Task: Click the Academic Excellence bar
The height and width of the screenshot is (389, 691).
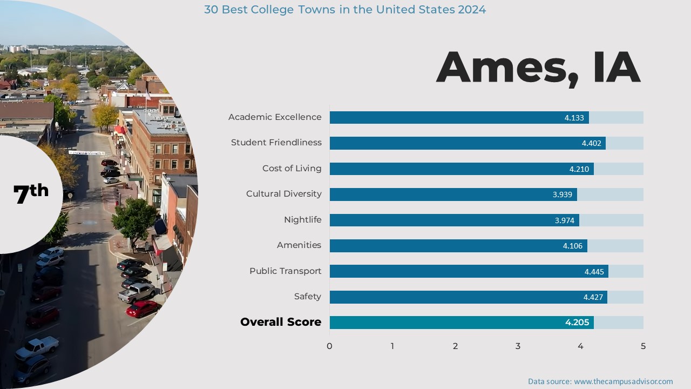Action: point(459,117)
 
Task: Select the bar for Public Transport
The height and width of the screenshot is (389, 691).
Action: point(469,271)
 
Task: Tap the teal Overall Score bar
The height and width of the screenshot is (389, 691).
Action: point(462,323)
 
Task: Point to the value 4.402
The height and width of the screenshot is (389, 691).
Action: point(591,143)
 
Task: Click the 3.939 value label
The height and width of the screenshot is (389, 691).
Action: point(562,194)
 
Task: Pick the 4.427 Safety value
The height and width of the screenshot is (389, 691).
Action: point(593,297)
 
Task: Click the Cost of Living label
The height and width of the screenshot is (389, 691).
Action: point(292,169)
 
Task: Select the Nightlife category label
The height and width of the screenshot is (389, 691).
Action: point(302,220)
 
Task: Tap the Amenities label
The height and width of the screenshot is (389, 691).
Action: point(299,245)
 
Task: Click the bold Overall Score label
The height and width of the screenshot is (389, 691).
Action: point(281,322)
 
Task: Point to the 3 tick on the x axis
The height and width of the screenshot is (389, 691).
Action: point(518,346)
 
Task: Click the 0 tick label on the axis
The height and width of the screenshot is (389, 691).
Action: point(329,346)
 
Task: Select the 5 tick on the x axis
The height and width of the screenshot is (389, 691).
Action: point(643,346)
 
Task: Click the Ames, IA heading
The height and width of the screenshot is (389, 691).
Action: point(538,68)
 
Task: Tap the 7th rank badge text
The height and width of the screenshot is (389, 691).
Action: point(31,193)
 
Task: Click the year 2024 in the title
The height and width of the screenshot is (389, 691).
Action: point(471,10)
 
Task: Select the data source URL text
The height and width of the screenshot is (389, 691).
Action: point(623,381)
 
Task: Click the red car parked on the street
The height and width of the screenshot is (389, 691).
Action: point(143,309)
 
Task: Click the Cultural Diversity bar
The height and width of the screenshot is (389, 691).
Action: point(453,194)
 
